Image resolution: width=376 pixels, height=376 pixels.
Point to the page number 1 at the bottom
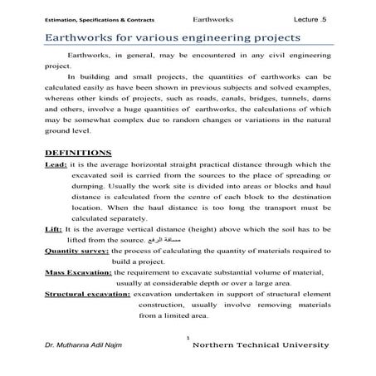click(188, 338)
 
